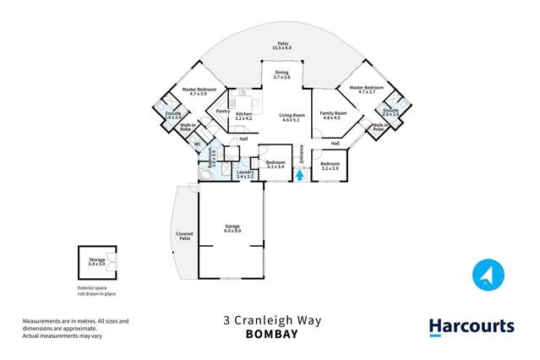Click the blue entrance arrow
(x=297, y=174)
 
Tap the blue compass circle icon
(x=488, y=275)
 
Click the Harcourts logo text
(x=471, y=326)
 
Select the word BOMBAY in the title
(x=272, y=334)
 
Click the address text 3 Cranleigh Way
(x=272, y=321)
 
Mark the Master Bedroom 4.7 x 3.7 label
(x=366, y=90)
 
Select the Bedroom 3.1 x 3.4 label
(x=276, y=165)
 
